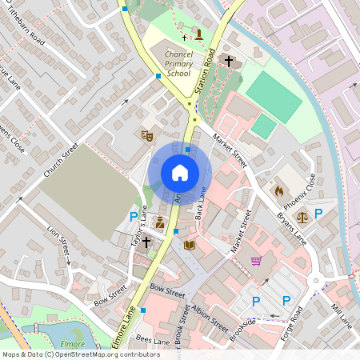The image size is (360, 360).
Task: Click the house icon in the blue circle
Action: coord(180,173)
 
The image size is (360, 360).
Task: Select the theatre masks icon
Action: coord(146,135)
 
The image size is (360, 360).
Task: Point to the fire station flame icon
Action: coord(278,191)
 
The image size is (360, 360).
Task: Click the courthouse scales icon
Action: coord(302,215)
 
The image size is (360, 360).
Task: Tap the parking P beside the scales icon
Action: coord(318,214)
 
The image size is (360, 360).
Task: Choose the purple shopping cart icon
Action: coord(256,261)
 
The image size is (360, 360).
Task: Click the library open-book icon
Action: coord(190,245)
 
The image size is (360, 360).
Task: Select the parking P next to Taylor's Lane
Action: coord(134,216)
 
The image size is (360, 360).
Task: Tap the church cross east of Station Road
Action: coord(228,61)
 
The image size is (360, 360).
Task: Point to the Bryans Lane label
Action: coord(292,228)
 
